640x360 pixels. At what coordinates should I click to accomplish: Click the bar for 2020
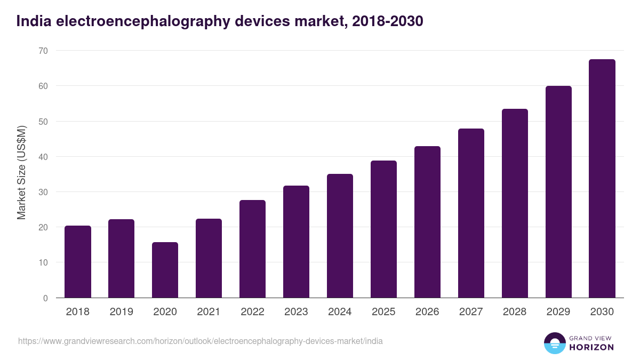click(x=165, y=270)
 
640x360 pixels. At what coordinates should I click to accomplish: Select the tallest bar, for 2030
click(x=602, y=179)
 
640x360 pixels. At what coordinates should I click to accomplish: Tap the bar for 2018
click(x=78, y=262)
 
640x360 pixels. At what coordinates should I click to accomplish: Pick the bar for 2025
click(x=383, y=229)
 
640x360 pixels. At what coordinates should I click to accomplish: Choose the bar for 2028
click(x=515, y=203)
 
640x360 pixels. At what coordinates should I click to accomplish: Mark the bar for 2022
click(x=252, y=249)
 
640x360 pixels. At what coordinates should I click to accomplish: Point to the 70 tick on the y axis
click(x=43, y=51)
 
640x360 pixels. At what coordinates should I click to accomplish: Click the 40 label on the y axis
click(x=43, y=157)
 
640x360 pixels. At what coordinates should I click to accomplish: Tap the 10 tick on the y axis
click(x=43, y=262)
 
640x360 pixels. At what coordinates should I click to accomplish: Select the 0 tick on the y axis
click(x=45, y=298)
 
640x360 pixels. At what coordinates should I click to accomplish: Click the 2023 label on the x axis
click(x=296, y=312)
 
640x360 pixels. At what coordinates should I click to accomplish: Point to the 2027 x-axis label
click(x=471, y=312)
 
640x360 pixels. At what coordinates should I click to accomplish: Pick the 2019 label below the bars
click(x=121, y=312)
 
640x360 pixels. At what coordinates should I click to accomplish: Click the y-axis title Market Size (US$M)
click(x=21, y=172)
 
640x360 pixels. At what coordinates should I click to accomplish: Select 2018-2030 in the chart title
click(x=388, y=21)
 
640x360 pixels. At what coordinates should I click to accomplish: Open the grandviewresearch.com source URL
click(x=200, y=341)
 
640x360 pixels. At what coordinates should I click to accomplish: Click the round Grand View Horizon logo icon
click(x=554, y=343)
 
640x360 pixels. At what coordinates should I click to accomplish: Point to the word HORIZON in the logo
click(x=591, y=347)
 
